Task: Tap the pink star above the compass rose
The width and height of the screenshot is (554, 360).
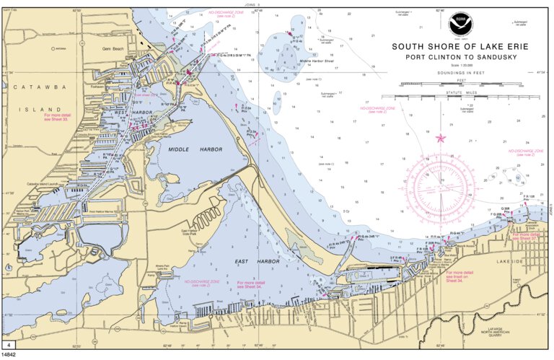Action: point(441,137)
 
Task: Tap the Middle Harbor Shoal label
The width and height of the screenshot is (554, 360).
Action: point(319,61)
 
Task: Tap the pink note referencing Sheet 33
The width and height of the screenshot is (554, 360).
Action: point(58,117)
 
